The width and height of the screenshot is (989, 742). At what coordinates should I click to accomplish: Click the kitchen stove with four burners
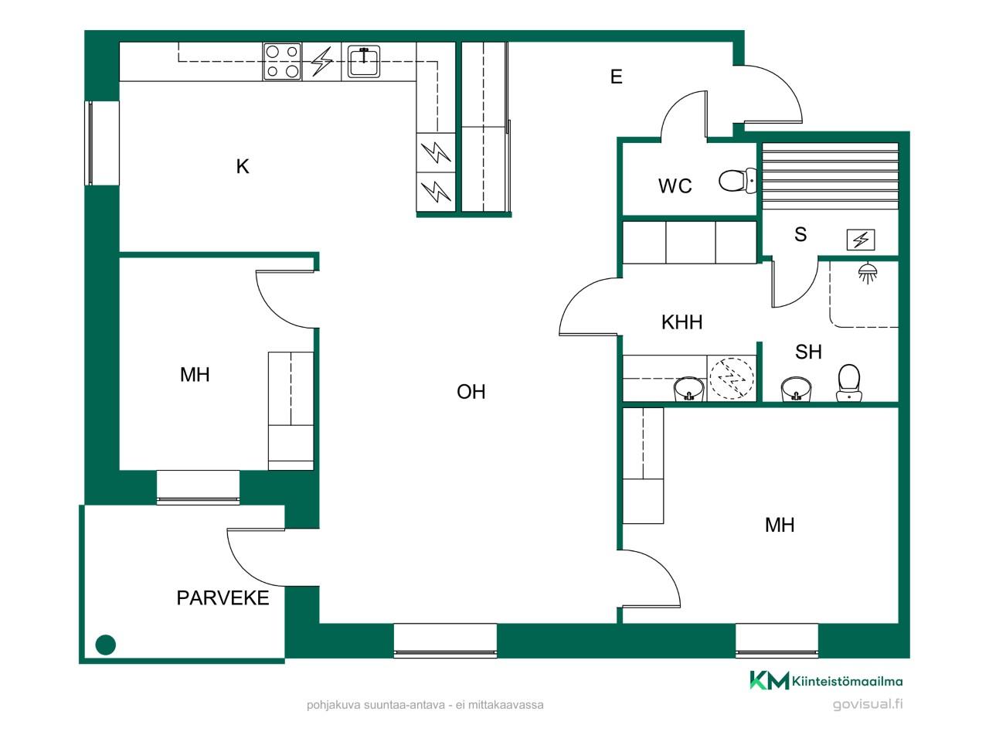tap(282, 62)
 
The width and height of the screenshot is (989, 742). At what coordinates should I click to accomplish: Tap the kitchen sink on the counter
tap(364, 61)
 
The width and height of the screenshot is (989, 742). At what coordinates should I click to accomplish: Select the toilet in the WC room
tap(738, 181)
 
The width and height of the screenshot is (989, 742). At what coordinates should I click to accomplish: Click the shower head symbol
tap(868, 273)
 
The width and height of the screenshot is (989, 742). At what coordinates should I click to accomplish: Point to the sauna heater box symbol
tap(861, 240)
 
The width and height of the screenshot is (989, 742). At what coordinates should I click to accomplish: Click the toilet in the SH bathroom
tap(849, 383)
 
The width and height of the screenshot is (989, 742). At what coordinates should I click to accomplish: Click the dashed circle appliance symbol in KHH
tap(732, 379)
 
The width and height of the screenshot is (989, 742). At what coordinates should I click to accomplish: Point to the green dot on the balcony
tap(105, 645)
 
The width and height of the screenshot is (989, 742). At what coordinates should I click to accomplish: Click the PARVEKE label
tap(223, 597)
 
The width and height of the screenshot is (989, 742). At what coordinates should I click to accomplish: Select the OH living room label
tap(471, 392)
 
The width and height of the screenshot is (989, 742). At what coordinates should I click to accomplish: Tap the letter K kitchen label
tap(243, 166)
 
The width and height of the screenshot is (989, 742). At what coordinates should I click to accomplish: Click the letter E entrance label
tap(616, 77)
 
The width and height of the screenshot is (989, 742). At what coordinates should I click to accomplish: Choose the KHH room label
tap(681, 322)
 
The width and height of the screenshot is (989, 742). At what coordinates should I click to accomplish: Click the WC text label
tap(675, 185)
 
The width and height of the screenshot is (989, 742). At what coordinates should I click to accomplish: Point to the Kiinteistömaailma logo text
tap(847, 681)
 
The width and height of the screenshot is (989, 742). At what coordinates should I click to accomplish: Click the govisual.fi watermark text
tap(868, 703)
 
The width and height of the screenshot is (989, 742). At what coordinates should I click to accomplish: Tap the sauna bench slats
tap(830, 176)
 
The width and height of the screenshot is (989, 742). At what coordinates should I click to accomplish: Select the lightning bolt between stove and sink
tap(322, 61)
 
